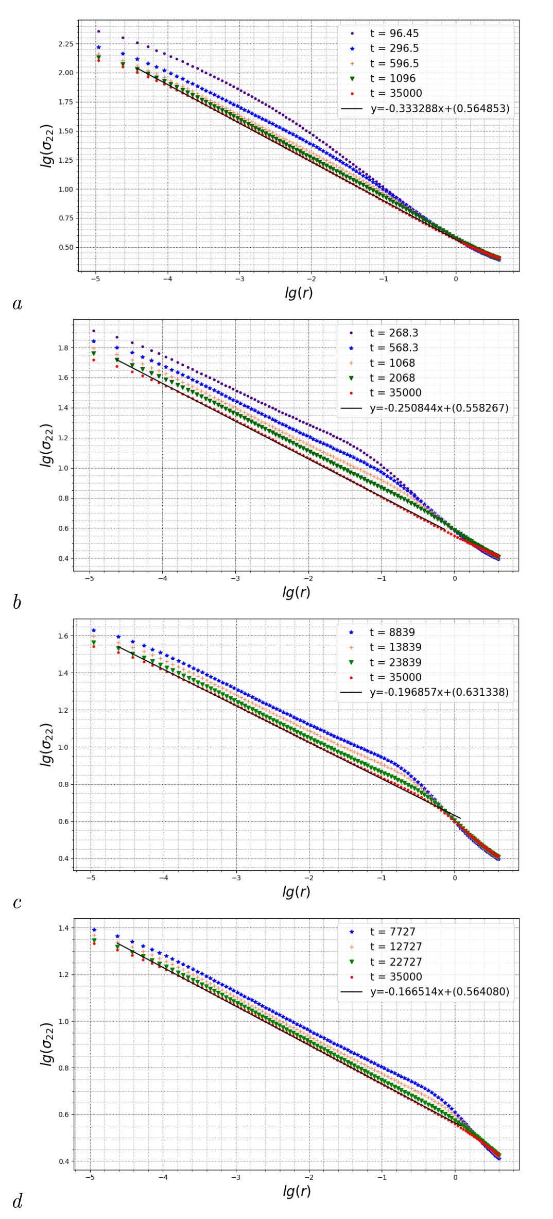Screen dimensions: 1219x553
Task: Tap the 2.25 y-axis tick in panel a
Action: [x=65, y=44]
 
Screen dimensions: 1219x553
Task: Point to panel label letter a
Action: [x=18, y=304]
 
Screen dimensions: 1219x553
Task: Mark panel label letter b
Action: [x=17, y=603]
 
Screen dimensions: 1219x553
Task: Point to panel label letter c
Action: [x=17, y=903]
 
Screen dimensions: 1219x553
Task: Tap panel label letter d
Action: [x=18, y=1201]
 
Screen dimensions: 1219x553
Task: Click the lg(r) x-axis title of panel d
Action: [x=297, y=1191]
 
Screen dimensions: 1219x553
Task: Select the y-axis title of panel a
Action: [x=47, y=146]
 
